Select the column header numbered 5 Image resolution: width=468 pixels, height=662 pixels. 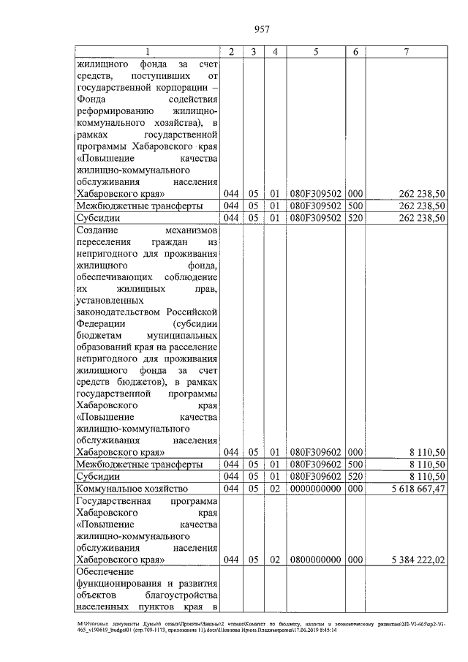(x=315, y=52)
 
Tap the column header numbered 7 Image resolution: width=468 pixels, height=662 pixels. (x=407, y=52)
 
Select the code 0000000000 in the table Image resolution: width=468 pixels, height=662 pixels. (x=315, y=488)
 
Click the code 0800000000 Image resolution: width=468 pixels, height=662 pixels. (x=315, y=560)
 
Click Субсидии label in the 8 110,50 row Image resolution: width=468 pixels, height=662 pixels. (x=99, y=476)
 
